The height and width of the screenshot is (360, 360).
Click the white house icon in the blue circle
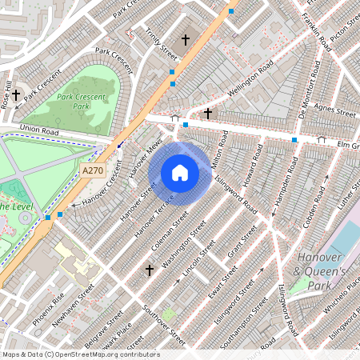[180, 173]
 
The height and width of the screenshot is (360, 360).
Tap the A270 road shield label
[93, 170]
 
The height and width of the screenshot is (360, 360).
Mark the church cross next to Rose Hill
[15, 94]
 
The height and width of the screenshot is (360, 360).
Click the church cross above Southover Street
[149, 271]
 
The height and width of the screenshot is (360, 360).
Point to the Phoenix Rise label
[48, 309]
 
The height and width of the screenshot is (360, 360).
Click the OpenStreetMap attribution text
[80, 354]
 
